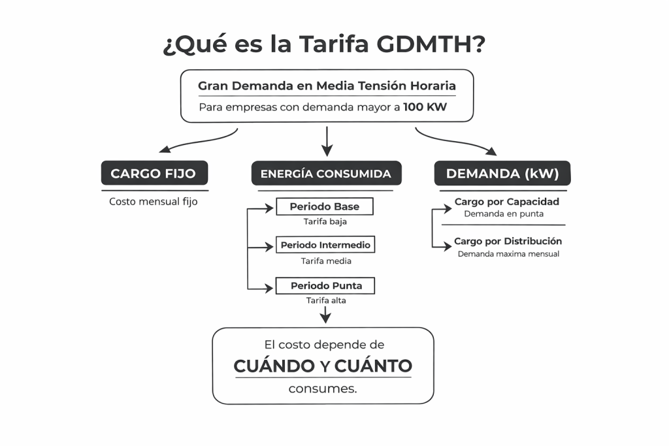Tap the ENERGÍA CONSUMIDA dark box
325,174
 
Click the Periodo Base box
325,206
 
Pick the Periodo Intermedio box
325,245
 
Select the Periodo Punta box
325,285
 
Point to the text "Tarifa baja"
325,221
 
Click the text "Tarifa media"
325,261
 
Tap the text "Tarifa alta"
325,300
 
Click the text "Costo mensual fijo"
153,202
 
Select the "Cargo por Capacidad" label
506,202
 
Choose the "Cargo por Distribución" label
508,241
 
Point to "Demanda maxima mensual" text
508,254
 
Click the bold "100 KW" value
425,106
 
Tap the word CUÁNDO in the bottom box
274,366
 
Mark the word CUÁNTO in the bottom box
373,366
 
